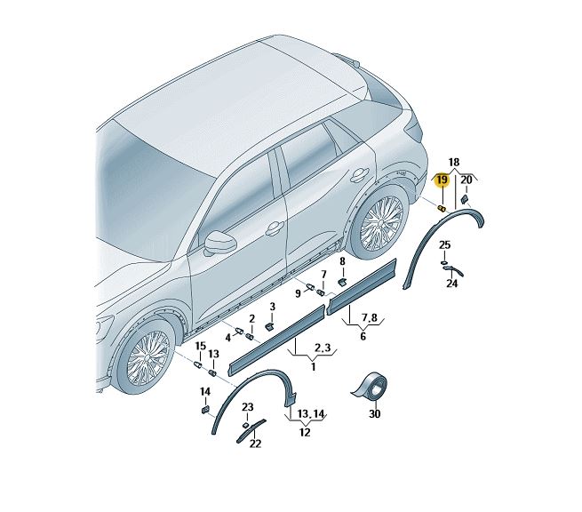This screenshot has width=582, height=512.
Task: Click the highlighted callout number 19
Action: click(x=442, y=180)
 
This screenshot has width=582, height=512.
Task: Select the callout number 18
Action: click(x=454, y=163)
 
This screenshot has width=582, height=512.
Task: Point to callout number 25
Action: click(x=444, y=245)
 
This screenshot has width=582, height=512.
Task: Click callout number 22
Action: click(x=255, y=444)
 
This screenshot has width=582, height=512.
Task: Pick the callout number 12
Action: click(x=305, y=432)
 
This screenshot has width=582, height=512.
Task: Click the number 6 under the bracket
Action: click(x=363, y=336)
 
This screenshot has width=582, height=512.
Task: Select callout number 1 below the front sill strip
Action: click(x=314, y=367)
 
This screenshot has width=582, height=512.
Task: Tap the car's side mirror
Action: click(x=220, y=242)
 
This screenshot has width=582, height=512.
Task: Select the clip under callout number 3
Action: click(x=270, y=326)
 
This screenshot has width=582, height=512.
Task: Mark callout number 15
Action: click(x=201, y=347)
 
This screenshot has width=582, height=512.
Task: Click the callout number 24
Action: click(x=451, y=284)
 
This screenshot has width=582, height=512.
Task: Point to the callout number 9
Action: click(x=298, y=293)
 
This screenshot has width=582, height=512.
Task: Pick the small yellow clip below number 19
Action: click(x=442, y=208)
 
